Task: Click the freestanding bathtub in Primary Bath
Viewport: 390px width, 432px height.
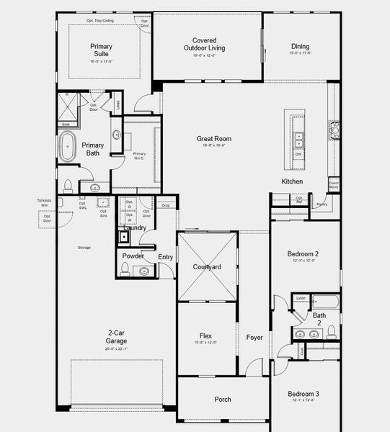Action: tap(68, 146)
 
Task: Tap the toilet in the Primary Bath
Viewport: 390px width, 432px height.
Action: tap(68, 185)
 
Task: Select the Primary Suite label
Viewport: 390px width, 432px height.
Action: tap(101, 50)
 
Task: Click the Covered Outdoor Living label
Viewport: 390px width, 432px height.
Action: tap(204, 45)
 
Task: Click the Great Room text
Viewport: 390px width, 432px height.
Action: tap(213, 139)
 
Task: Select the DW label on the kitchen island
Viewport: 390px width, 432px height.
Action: tap(298, 153)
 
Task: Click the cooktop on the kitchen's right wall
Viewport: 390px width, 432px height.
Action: tap(334, 130)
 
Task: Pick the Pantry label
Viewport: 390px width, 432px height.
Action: tap(321, 204)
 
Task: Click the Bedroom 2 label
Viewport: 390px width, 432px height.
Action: tap(303, 254)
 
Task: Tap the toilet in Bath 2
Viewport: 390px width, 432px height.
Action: tap(332, 332)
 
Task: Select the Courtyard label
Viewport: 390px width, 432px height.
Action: tap(206, 266)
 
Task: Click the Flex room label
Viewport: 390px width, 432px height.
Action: tap(207, 336)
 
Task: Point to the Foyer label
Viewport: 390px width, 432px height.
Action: tap(254, 337)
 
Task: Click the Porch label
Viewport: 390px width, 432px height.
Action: tap(223, 399)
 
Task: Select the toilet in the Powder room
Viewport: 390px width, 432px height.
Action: tap(125, 269)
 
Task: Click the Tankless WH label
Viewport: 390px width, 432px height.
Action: tap(44, 203)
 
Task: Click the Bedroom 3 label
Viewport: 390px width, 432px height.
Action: tap(303, 394)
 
